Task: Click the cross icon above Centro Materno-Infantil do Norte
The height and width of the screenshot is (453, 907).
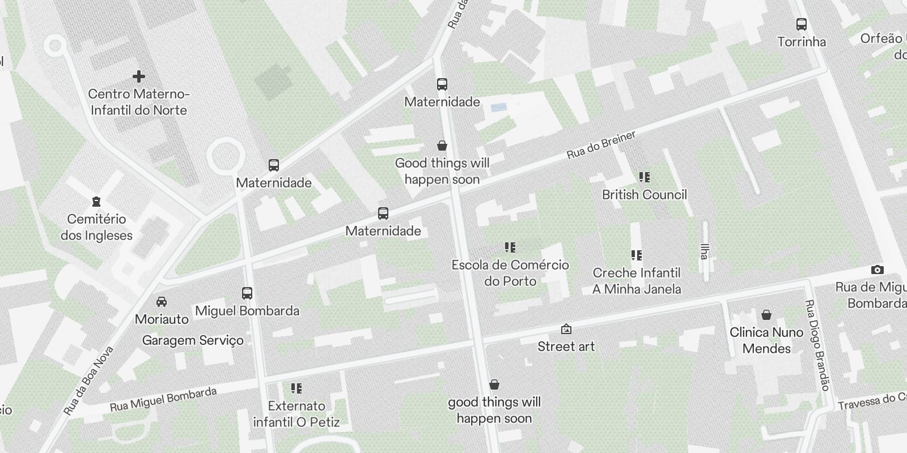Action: [138, 76]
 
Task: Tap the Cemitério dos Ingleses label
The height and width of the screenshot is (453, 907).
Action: [96, 227]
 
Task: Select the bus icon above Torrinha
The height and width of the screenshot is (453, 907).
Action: [801, 24]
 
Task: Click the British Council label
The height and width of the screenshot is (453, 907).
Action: [644, 195]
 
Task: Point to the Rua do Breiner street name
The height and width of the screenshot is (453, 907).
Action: [601, 145]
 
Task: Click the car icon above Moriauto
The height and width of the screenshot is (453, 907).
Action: [162, 301]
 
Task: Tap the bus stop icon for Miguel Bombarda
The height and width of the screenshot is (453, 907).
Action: [247, 293]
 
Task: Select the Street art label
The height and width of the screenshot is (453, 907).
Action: [566, 347]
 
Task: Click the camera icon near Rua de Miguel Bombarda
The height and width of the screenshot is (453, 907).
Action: [877, 270]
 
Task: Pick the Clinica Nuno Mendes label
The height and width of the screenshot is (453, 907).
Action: [766, 340]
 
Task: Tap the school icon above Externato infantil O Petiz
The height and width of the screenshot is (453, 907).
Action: [296, 388]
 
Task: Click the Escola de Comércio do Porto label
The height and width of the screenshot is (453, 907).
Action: [510, 273]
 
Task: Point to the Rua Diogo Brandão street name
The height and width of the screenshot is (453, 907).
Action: [818, 345]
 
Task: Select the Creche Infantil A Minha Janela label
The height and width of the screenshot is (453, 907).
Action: [637, 281]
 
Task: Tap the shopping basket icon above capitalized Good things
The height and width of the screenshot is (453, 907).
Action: [442, 146]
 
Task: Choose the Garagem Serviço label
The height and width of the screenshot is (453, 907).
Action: [193, 340]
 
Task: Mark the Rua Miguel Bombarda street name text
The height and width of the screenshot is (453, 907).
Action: [163, 400]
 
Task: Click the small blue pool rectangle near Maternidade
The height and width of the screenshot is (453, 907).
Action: [499, 107]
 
